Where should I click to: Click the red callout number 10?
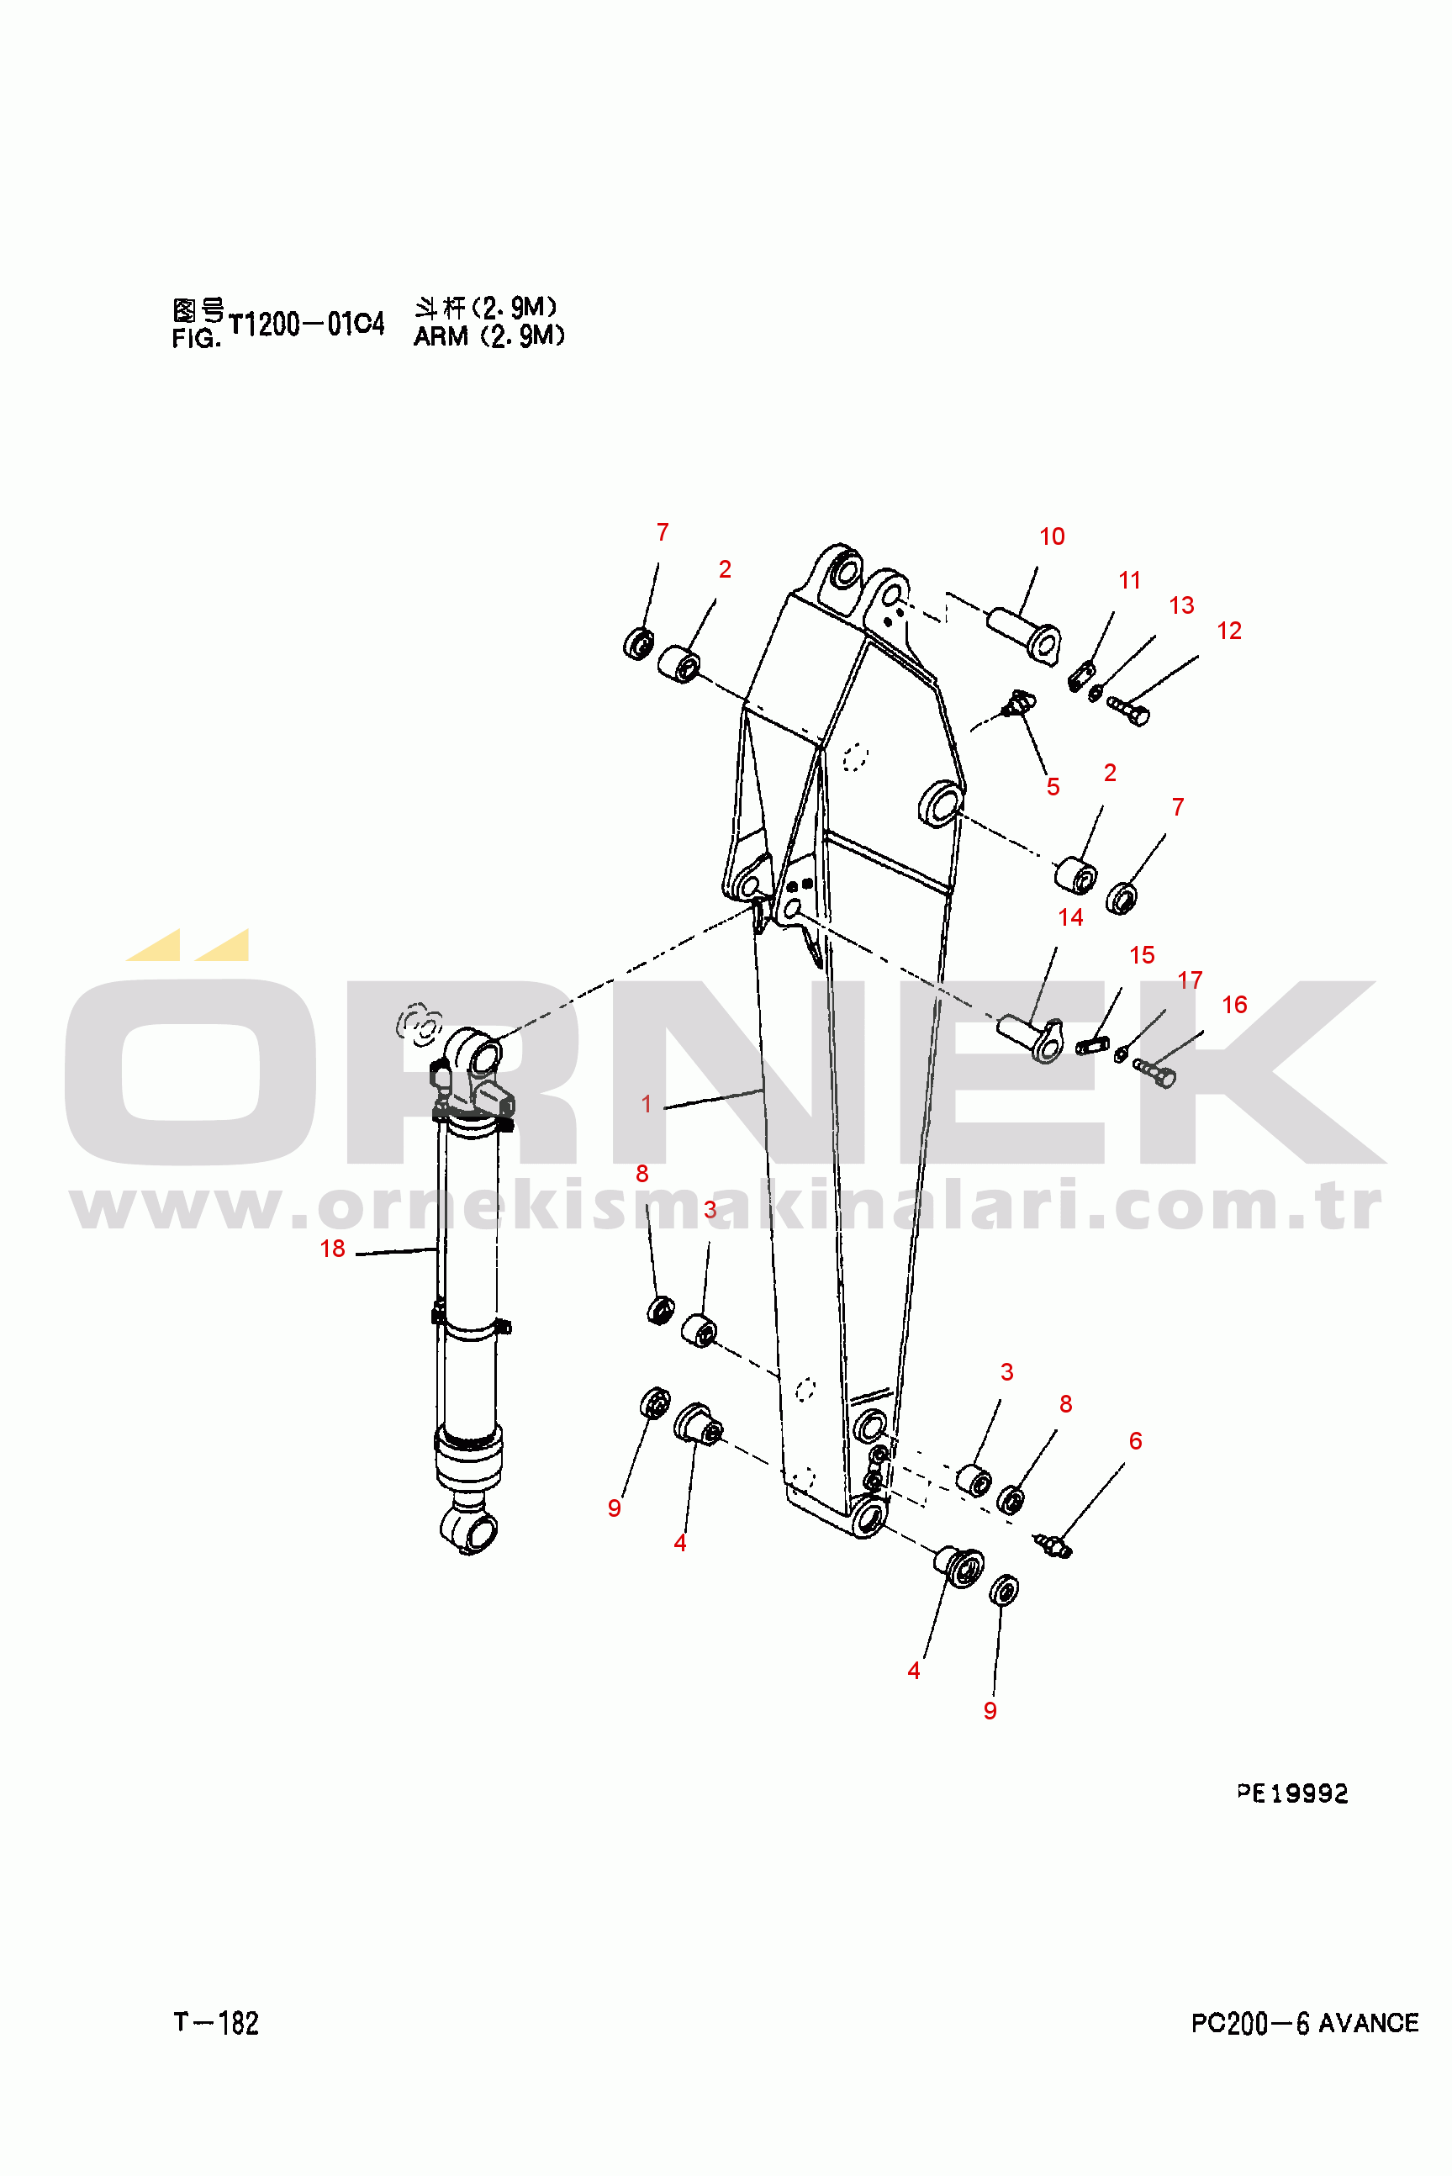click(x=1051, y=536)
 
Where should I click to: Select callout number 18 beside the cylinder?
click(x=331, y=1249)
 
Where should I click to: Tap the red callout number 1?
click(x=647, y=1104)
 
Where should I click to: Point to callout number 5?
click(x=1053, y=786)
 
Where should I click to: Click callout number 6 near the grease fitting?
click(x=1135, y=1441)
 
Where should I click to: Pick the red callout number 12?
click(x=1229, y=631)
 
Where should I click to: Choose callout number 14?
click(x=1070, y=916)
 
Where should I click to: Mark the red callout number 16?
click(x=1234, y=1005)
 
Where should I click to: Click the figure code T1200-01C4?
click(x=305, y=324)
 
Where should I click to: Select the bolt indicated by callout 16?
click(x=1154, y=1072)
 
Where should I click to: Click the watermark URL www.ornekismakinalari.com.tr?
click(x=725, y=1206)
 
